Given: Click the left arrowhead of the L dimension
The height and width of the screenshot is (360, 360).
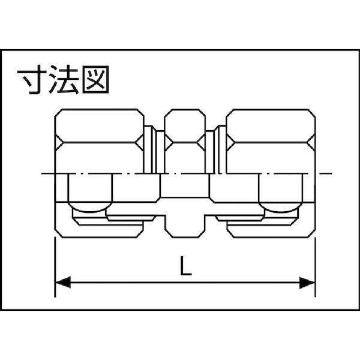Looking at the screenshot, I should [62, 281].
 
